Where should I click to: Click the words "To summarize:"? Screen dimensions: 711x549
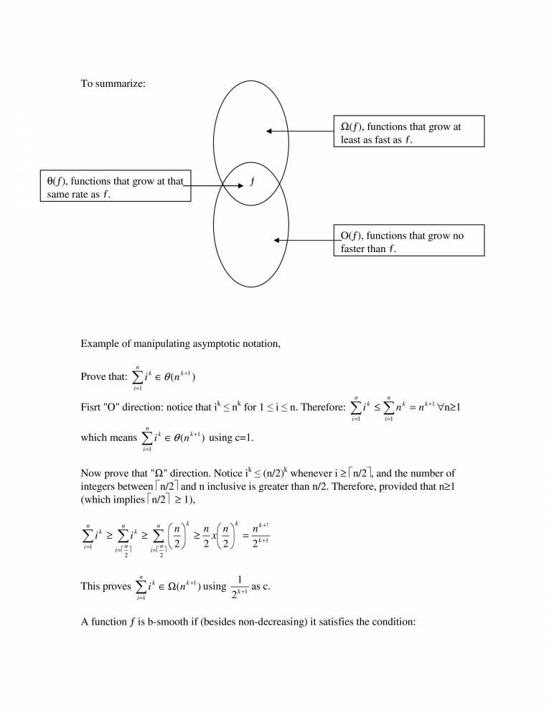click(113, 84)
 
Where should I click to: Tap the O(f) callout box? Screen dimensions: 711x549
click(408, 241)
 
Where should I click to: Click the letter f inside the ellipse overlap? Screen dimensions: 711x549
click(251, 182)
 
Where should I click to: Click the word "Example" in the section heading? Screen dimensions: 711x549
click(101, 344)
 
